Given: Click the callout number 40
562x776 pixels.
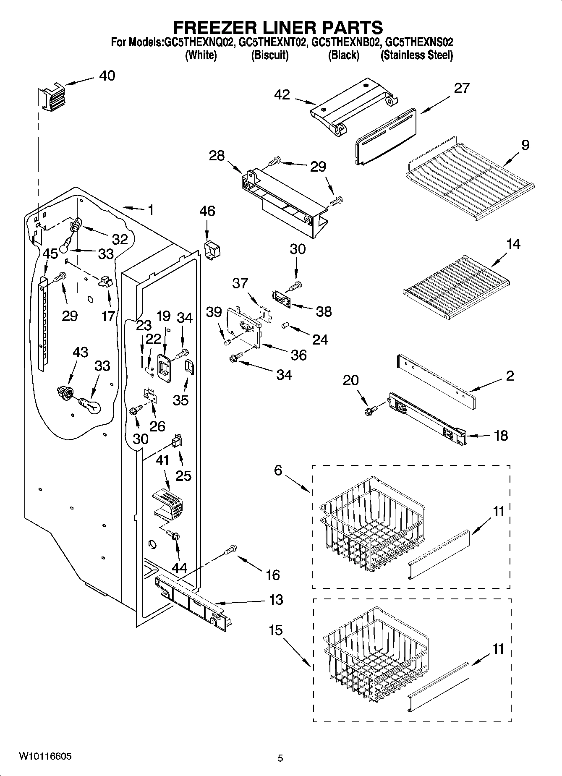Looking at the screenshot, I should pyautogui.click(x=107, y=76).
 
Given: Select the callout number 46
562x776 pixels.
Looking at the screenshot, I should pyautogui.click(x=207, y=211).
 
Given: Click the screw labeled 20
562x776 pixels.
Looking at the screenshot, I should pyautogui.click(x=372, y=410).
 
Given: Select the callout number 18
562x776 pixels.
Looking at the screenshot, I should pyautogui.click(x=501, y=436).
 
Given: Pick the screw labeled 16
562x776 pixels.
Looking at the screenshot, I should pyautogui.click(x=231, y=550).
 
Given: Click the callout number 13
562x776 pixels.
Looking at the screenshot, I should pyautogui.click(x=276, y=600).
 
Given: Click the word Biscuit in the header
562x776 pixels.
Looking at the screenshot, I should pyautogui.click(x=269, y=55).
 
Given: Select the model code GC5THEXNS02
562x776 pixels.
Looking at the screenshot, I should pyautogui.click(x=419, y=42).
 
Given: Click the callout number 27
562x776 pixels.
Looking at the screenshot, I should pyautogui.click(x=461, y=89).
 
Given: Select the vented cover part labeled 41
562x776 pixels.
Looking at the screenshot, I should pyautogui.click(x=168, y=502).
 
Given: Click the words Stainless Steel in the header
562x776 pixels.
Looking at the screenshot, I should pyautogui.click(x=416, y=55).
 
